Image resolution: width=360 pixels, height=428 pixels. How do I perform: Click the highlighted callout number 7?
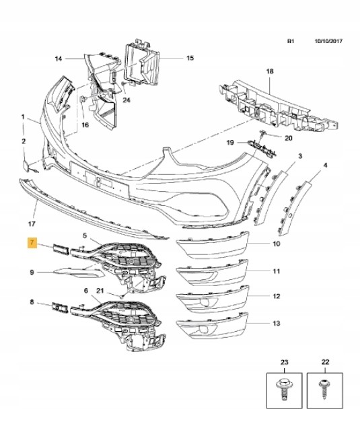[32, 242]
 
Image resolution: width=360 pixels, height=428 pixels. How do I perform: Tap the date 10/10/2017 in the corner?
[328, 41]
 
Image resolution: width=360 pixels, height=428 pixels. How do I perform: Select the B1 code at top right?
[291, 41]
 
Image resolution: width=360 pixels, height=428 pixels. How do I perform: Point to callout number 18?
[270, 71]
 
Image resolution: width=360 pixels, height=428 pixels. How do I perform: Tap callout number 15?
[190, 58]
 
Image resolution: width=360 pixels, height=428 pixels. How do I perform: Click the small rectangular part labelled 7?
[61, 250]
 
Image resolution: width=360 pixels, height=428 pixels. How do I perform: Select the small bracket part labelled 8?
[60, 308]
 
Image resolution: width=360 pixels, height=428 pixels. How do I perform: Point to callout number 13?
[277, 323]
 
